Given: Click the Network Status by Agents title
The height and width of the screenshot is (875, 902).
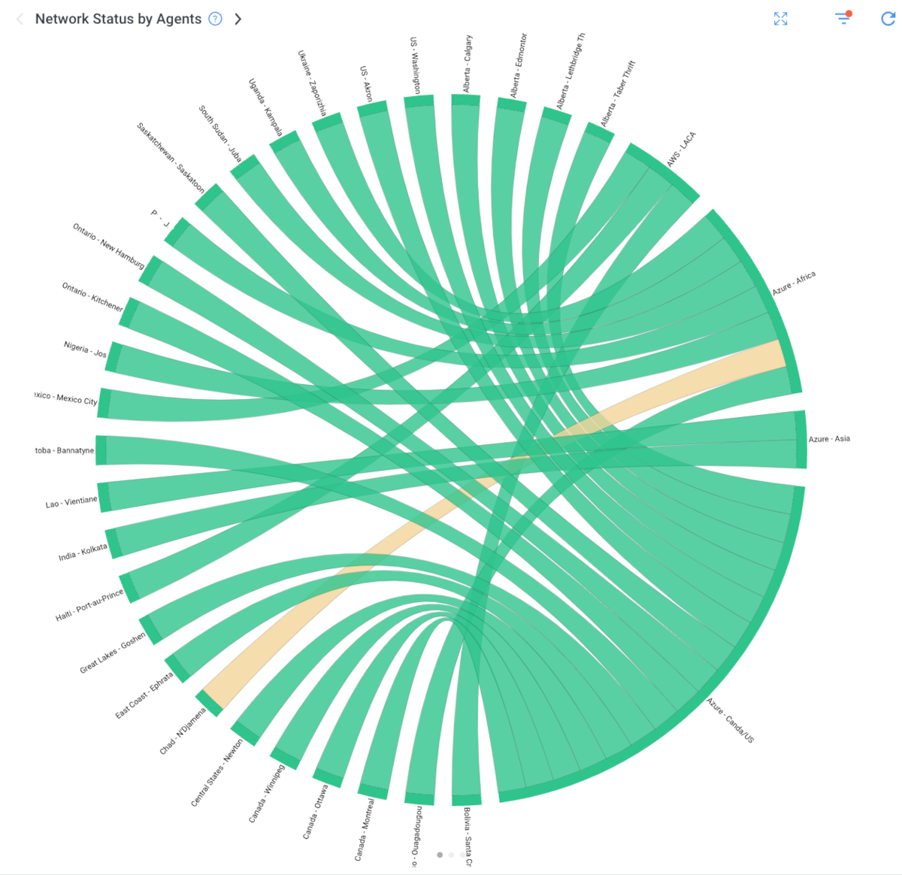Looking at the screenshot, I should click(x=118, y=20).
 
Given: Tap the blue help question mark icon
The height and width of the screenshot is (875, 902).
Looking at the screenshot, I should click(x=216, y=20).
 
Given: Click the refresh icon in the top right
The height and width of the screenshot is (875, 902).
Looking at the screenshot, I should click(x=888, y=19).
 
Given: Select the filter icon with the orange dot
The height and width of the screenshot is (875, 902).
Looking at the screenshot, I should click(x=843, y=18).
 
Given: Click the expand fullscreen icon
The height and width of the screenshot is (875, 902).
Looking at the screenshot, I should click(x=781, y=19).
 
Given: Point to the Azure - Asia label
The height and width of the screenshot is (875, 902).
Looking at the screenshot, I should click(x=829, y=439).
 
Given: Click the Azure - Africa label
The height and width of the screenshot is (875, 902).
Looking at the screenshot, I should click(x=794, y=283).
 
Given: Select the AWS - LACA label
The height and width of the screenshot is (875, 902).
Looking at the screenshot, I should click(x=681, y=150).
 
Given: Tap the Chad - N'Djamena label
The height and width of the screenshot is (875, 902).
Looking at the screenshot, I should click(x=183, y=731).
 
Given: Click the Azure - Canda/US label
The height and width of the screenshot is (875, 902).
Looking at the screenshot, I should click(x=730, y=720).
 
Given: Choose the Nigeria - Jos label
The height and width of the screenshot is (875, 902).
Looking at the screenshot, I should click(x=85, y=350).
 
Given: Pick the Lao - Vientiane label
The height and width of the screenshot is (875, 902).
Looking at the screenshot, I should click(x=71, y=502).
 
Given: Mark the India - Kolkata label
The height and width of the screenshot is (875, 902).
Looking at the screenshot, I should click(x=83, y=553).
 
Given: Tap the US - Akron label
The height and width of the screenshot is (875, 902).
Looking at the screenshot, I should click(x=366, y=83).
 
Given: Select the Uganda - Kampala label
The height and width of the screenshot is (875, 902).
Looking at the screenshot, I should click(x=265, y=107).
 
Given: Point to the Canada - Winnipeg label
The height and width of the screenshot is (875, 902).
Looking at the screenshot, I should click(x=267, y=794).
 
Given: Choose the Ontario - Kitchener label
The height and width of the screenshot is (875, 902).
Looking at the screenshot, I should click(x=92, y=297).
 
